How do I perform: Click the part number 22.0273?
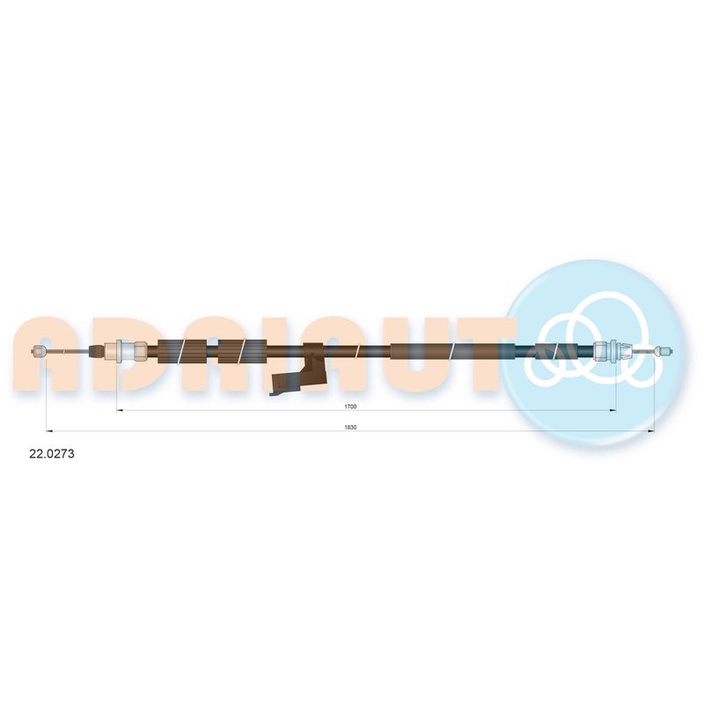(x=52, y=454)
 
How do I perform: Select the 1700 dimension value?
(x=350, y=407)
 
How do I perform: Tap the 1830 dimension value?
(x=350, y=428)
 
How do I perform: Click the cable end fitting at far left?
(x=38, y=351)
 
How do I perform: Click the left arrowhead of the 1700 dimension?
(x=120, y=410)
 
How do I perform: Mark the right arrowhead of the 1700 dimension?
(x=612, y=410)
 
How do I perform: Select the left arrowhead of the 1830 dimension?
(x=50, y=431)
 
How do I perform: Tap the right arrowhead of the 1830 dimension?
(x=650, y=431)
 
